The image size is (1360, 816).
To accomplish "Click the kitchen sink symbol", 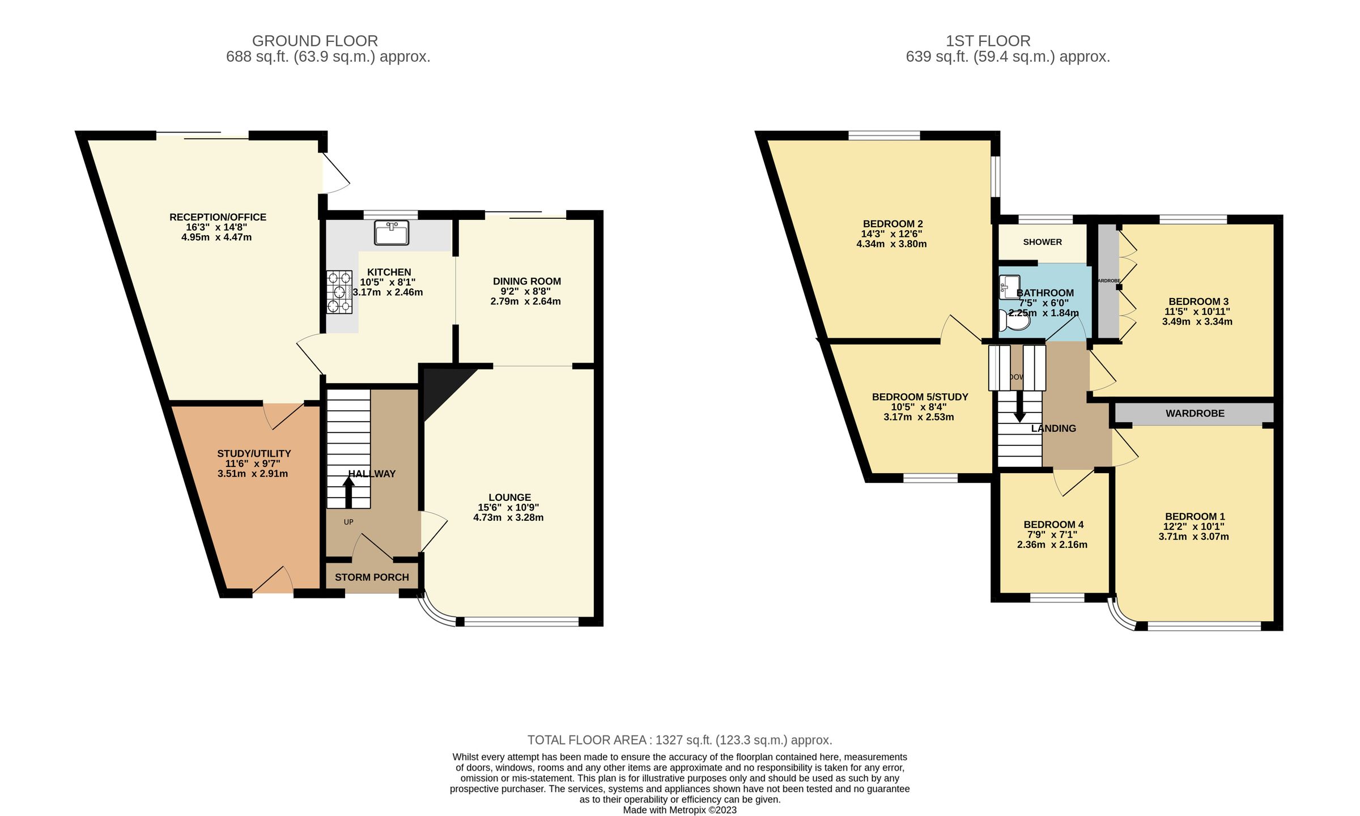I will (x=392, y=233).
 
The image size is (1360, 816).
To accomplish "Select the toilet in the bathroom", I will (x=1014, y=321).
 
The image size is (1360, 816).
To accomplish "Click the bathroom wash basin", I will (x=1009, y=287).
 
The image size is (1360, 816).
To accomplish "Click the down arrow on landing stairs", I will (x=1019, y=407).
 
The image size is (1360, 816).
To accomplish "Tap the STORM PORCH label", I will (x=372, y=577).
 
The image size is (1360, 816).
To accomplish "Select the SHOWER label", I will (x=1042, y=242).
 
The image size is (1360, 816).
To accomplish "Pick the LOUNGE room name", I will (x=509, y=498).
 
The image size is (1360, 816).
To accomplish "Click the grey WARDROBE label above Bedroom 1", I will (x=1195, y=414).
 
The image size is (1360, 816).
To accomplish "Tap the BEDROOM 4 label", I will (x=1053, y=525).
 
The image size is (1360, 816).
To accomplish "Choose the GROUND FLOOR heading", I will (x=314, y=41).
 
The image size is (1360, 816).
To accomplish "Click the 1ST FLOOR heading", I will (x=988, y=41).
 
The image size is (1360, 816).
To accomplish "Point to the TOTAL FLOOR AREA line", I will (x=679, y=740).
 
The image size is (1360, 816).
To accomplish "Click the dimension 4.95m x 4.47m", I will (x=216, y=237).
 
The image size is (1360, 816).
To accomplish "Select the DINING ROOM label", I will (x=526, y=281).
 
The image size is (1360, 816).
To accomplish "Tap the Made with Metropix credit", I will (x=679, y=810).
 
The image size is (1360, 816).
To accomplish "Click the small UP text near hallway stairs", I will (x=348, y=522).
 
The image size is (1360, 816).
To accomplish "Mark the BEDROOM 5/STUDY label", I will (x=920, y=397).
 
